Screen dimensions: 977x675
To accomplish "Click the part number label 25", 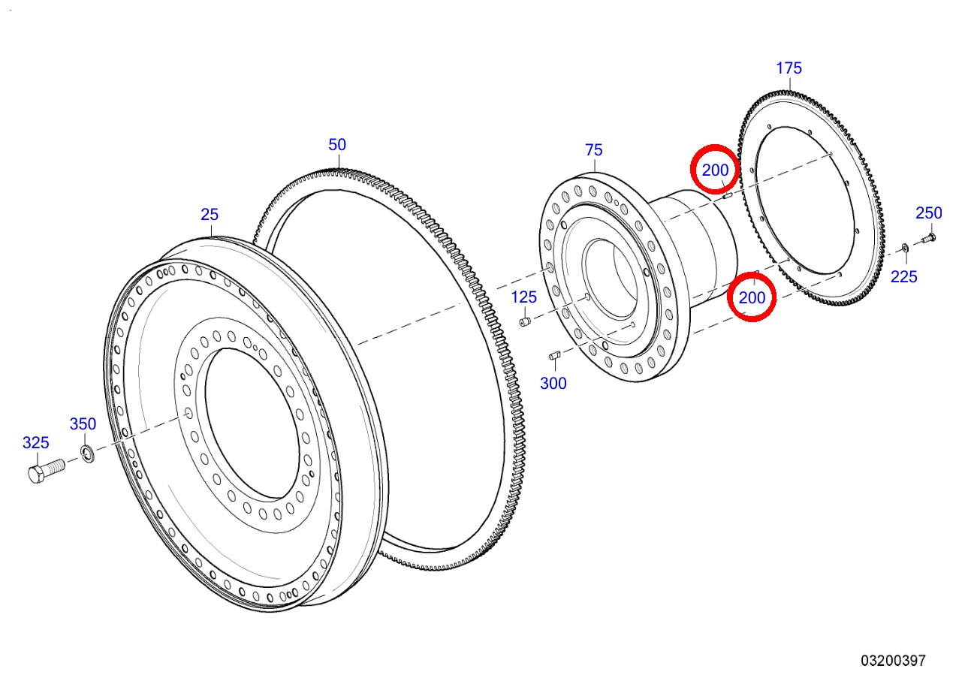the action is click(210, 215).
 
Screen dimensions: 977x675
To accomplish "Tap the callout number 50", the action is click(337, 145).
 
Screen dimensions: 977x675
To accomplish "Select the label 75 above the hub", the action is click(593, 150).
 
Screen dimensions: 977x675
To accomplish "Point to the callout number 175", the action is click(789, 68).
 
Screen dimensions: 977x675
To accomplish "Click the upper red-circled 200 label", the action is click(715, 170).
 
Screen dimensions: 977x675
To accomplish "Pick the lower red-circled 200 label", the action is click(752, 298).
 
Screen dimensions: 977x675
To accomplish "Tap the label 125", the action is click(523, 297).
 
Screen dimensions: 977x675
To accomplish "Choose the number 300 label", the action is click(553, 383).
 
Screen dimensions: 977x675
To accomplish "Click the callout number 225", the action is click(903, 276).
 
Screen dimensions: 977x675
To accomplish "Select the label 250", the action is click(929, 212).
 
